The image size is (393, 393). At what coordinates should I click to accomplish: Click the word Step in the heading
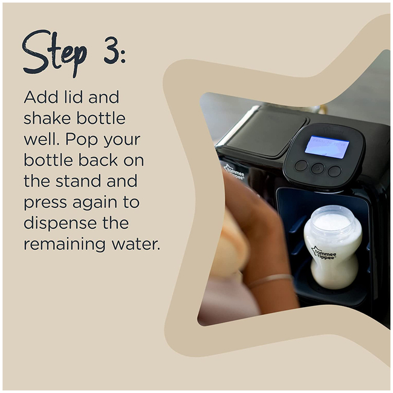click(x=54, y=52)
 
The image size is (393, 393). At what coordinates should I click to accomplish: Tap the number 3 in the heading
click(x=111, y=50)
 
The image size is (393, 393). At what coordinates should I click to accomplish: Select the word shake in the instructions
click(x=48, y=118)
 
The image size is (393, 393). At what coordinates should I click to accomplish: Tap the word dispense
click(x=60, y=223)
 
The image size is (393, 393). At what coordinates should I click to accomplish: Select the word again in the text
click(x=95, y=203)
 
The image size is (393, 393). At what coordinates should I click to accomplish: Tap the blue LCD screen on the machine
click(x=326, y=147)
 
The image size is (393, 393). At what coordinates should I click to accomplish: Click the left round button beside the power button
click(x=301, y=166)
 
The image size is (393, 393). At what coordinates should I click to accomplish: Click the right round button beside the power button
click(x=334, y=171)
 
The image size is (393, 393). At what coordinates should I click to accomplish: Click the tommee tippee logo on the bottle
click(x=324, y=253)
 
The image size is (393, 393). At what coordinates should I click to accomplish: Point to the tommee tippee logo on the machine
click(x=234, y=172)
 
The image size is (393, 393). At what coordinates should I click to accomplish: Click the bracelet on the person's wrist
click(x=270, y=279)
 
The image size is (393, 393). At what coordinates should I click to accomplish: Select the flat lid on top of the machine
click(x=266, y=132)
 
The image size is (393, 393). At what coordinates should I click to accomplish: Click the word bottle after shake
click(x=101, y=118)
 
